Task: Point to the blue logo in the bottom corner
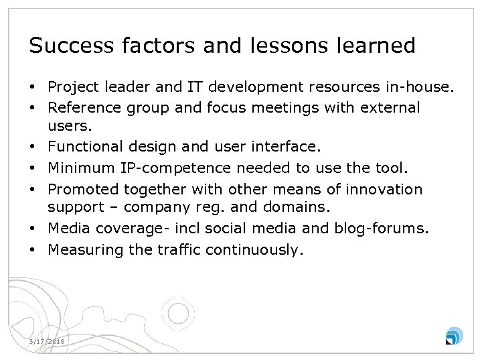pos(453,336)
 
